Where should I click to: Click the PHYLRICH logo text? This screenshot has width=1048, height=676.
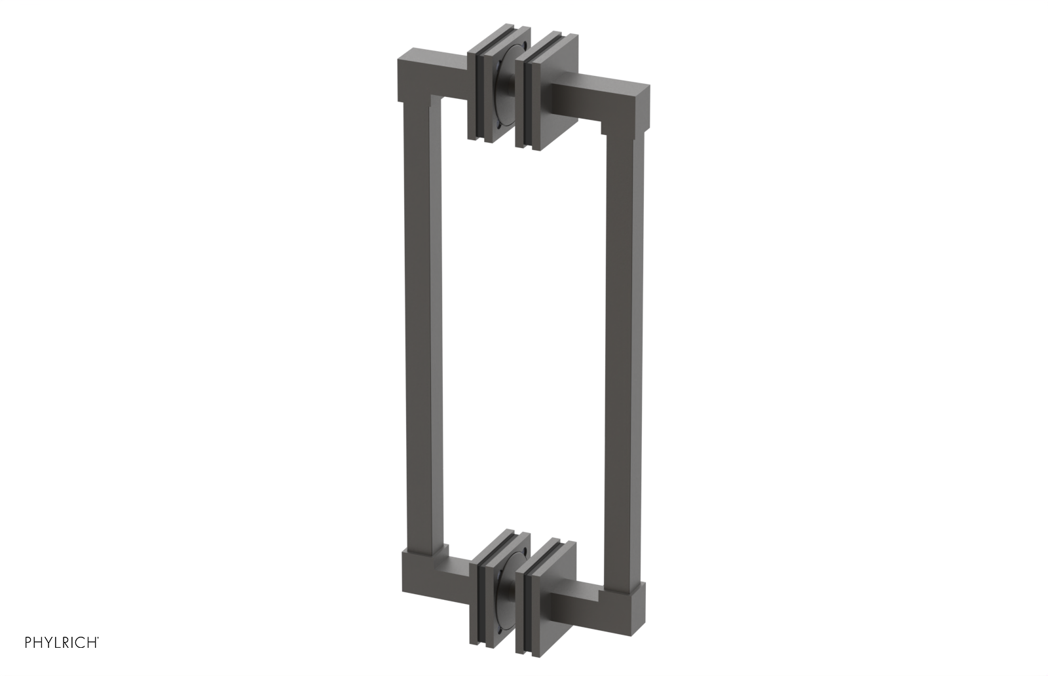(62, 643)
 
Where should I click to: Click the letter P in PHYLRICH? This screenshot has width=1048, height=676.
(28, 643)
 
